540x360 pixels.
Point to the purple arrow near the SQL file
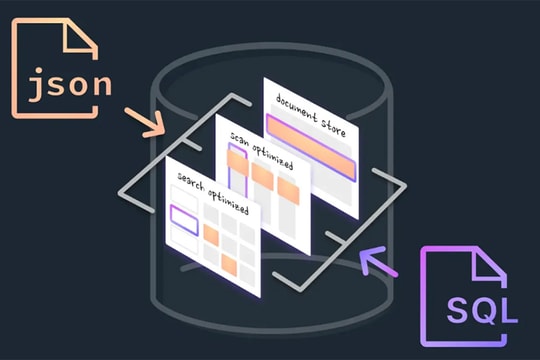[378, 262]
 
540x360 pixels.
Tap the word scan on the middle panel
[240, 137]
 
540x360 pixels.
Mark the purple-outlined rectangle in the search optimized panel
[185, 218]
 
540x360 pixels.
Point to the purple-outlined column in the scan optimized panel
[238, 169]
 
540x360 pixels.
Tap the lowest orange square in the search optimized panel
[230, 266]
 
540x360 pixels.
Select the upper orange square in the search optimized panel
[211, 235]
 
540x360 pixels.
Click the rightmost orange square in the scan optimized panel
[288, 189]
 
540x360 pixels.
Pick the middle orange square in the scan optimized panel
[263, 177]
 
